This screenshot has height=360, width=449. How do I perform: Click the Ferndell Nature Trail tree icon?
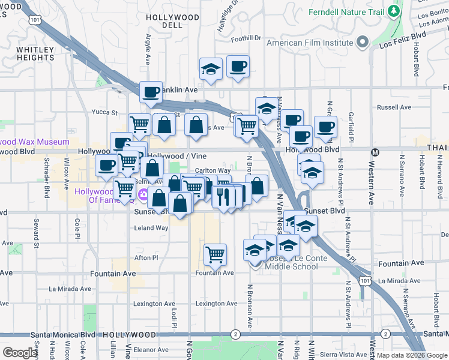click(x=394, y=11)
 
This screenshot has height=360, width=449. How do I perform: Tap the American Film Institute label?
click(x=310, y=43)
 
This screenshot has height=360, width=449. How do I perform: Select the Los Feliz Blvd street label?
click(x=402, y=40)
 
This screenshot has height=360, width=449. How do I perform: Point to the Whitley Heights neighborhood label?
click(x=35, y=53)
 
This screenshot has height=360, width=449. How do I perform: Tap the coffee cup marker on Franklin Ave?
click(x=151, y=92)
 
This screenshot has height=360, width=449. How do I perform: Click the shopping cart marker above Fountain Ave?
click(x=215, y=254)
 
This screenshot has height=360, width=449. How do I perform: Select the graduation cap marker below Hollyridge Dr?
click(x=211, y=69)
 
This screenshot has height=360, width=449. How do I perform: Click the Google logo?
click(x=20, y=352)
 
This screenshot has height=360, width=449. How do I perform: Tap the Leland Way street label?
click(x=151, y=228)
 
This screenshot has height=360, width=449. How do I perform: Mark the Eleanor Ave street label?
click(x=151, y=349)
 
